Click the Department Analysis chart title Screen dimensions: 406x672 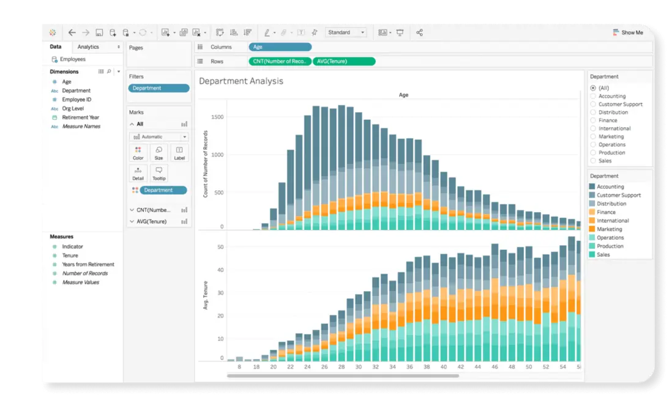tap(241, 81)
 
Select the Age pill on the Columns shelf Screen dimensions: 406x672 tap(280, 47)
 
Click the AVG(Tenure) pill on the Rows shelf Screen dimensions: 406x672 tap(344, 61)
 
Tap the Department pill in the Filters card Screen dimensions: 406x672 tap(159, 88)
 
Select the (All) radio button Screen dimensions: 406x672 tap(593, 88)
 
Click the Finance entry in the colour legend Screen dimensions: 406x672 tap(606, 212)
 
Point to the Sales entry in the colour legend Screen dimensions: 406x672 tap(603, 254)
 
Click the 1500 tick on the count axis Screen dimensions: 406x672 tap(218, 117)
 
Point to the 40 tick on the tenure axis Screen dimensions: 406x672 tap(221, 270)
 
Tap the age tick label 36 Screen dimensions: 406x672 tap(409, 367)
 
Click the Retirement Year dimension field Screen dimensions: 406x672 tap(80, 117)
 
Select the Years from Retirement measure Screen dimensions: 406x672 tap(88, 265)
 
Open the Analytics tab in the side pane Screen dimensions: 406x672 tap(88, 47)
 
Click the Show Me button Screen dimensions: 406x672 tap(628, 32)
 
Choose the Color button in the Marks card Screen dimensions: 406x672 tap(138, 152)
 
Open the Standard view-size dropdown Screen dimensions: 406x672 tap(346, 32)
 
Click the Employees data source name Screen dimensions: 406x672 tap(72, 59)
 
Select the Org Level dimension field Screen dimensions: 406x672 tap(73, 108)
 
